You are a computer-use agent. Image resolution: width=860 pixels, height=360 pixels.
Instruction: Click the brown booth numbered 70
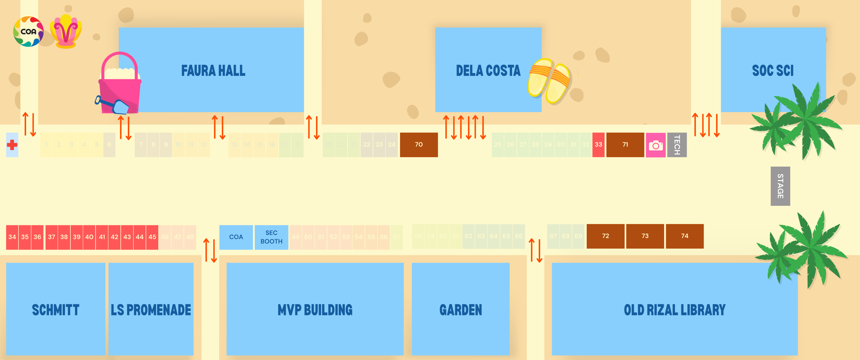coord(419,145)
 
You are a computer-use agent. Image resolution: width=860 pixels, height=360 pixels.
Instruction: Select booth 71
coord(625,145)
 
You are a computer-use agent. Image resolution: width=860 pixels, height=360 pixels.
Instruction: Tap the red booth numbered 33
coord(598,145)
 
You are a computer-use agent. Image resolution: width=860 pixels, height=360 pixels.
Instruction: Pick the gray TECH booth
coord(677,145)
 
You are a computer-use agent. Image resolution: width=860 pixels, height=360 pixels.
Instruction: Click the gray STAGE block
coord(780,186)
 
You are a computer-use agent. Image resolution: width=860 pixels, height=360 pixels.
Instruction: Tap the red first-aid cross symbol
coord(12,145)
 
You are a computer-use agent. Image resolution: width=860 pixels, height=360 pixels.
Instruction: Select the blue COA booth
coord(236,237)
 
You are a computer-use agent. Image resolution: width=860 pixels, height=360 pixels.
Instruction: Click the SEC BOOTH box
coord(271,237)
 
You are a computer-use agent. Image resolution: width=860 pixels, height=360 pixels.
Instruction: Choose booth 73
coord(645,236)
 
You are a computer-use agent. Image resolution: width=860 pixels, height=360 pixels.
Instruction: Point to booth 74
coord(684,236)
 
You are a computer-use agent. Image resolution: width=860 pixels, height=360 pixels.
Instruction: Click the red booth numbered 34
coord(12,237)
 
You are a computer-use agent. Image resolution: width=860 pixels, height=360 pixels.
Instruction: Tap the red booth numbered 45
coord(152,237)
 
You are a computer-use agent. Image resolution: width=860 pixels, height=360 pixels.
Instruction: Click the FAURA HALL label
coord(213,71)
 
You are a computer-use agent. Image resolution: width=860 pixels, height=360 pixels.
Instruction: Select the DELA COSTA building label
coord(488,71)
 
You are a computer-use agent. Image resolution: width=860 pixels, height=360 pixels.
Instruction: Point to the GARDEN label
coord(460,310)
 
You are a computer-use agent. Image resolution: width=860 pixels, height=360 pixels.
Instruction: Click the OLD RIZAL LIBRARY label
coord(674,310)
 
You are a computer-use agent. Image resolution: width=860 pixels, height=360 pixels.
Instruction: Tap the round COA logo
coord(28,32)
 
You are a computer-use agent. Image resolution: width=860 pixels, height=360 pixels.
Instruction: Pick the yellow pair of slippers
coord(549,81)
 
